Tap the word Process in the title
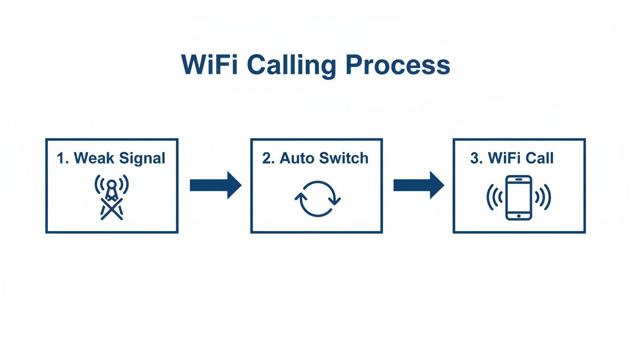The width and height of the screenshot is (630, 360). pyautogui.click(x=398, y=65)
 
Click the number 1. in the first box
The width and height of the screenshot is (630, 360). pyautogui.click(x=63, y=158)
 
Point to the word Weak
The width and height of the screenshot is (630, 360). pyautogui.click(x=94, y=158)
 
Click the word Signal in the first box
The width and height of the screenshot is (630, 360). pyautogui.click(x=142, y=158)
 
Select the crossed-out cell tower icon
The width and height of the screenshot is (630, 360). pyautogui.click(x=112, y=197)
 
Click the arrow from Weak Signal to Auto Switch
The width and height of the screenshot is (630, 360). pyautogui.click(x=215, y=186)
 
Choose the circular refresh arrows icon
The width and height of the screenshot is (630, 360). pyautogui.click(x=317, y=199)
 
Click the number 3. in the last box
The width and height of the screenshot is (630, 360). pyautogui.click(x=476, y=158)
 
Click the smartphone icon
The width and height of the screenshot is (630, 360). pyautogui.click(x=519, y=197)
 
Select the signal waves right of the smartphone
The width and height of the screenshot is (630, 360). pyautogui.click(x=544, y=197)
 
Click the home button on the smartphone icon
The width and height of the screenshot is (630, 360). pyautogui.click(x=519, y=215)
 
